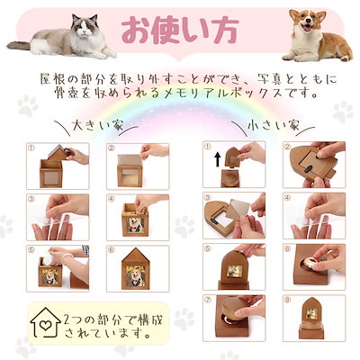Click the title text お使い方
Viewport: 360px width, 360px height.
pyautogui.click(x=180, y=30)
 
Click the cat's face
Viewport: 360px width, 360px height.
pyautogui.click(x=85, y=28)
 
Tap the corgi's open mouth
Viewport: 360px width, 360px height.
pyautogui.click(x=307, y=29)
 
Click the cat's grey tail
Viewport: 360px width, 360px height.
pyautogui.click(x=19, y=45)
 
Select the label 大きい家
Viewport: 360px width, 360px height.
pyautogui.click(x=98, y=125)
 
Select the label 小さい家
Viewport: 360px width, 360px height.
pyautogui.click(x=274, y=125)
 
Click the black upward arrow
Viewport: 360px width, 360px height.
pyautogui.click(x=218, y=159)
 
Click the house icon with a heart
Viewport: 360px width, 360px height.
pyautogui.click(x=45, y=322)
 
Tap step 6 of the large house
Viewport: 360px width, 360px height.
pyautogui.click(x=138, y=268)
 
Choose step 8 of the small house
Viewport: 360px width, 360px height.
pyautogui.click(x=314, y=319)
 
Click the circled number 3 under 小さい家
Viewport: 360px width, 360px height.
pyautogui.click(x=208, y=198)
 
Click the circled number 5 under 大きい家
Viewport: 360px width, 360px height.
pyautogui.click(x=31, y=249)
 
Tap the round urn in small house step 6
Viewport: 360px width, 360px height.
pyautogui.click(x=312, y=265)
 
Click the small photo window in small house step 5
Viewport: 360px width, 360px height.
pyautogui.click(x=233, y=271)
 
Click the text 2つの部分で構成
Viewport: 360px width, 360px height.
pyautogui.click(x=113, y=319)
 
